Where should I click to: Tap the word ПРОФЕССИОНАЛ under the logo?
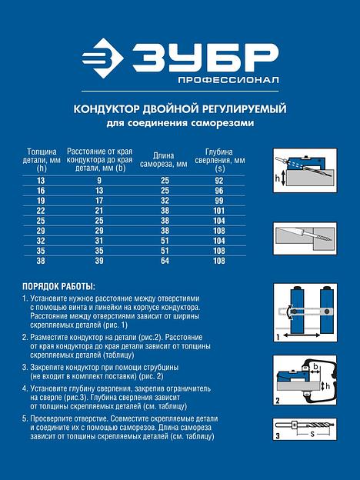click(x=228, y=80)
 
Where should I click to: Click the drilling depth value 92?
click(x=219, y=181)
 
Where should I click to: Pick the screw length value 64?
click(x=165, y=261)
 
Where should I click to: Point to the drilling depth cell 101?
click(x=219, y=211)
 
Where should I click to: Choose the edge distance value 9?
click(x=99, y=181)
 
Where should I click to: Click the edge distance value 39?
click(x=99, y=261)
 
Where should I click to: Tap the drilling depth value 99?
click(x=219, y=201)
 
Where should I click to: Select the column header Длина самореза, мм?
click(x=164, y=160)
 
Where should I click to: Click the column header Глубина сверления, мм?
click(x=220, y=160)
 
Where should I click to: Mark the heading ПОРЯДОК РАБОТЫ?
click(x=58, y=287)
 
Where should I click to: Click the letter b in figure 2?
click(x=315, y=366)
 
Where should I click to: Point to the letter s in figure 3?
click(x=312, y=434)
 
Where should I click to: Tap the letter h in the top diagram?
click(x=278, y=178)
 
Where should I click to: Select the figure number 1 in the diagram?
click(x=278, y=337)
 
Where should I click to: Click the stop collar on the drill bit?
click(x=294, y=425)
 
